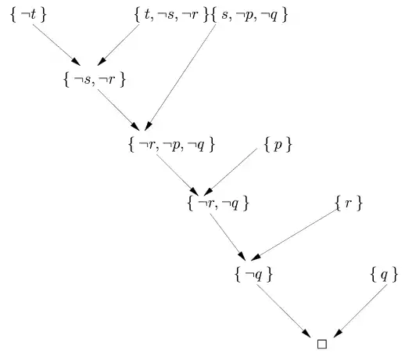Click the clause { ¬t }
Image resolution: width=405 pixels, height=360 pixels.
tap(28, 15)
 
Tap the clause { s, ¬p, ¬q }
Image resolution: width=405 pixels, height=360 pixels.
tap(249, 15)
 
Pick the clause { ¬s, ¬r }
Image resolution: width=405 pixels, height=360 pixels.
tap(95, 79)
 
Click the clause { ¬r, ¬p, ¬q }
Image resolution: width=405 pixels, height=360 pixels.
tap(172, 145)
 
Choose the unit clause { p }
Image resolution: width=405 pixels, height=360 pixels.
tap(278, 145)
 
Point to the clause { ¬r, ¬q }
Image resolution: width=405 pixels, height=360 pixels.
tap(218, 203)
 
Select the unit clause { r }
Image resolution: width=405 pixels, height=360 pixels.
tap(349, 203)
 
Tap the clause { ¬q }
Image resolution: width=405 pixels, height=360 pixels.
tap(253, 275)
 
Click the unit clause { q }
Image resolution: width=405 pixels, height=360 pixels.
tap(384, 275)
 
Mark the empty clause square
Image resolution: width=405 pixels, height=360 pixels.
tap(322, 344)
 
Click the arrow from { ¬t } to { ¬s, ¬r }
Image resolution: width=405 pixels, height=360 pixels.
tap(56, 45)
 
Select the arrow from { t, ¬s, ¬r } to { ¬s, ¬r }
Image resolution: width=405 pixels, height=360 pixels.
tap(118, 45)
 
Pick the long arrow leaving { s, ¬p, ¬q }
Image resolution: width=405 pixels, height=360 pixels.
tap(180, 77)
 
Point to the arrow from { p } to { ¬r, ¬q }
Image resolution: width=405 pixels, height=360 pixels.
tap(231, 172)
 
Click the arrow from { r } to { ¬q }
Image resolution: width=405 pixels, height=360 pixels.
tap(293, 235)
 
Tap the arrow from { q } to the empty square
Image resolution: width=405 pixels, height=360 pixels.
tap(360, 311)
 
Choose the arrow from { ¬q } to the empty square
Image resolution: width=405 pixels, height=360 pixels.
tap(284, 311)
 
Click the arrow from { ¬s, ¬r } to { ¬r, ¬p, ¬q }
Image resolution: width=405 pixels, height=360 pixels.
tap(119, 110)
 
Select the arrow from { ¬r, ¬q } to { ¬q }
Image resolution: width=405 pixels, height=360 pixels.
tap(228, 237)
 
